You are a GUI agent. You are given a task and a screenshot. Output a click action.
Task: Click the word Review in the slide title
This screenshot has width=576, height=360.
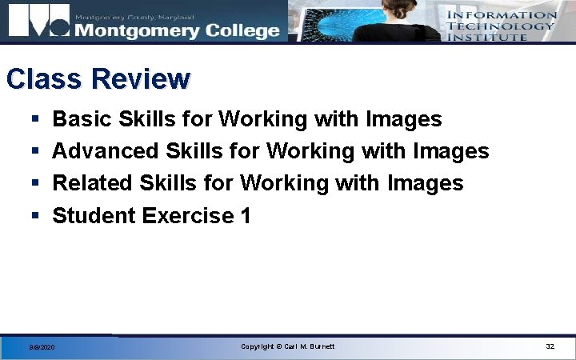click(x=141, y=79)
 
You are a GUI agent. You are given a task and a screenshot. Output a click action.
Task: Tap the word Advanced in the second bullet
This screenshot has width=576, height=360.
click(x=106, y=151)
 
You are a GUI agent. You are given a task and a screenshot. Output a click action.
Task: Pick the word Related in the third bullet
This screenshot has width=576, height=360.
click(x=93, y=183)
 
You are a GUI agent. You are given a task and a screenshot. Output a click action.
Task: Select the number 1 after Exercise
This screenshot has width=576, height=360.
click(x=246, y=215)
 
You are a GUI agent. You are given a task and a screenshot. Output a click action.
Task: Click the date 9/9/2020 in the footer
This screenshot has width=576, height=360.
click(x=42, y=347)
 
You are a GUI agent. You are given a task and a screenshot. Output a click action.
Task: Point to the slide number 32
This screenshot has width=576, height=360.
click(x=550, y=346)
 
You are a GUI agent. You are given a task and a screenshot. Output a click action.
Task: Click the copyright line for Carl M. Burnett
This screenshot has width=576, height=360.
click(x=288, y=346)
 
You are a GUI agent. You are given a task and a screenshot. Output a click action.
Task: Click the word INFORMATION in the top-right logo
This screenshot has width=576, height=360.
click(x=501, y=14)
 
